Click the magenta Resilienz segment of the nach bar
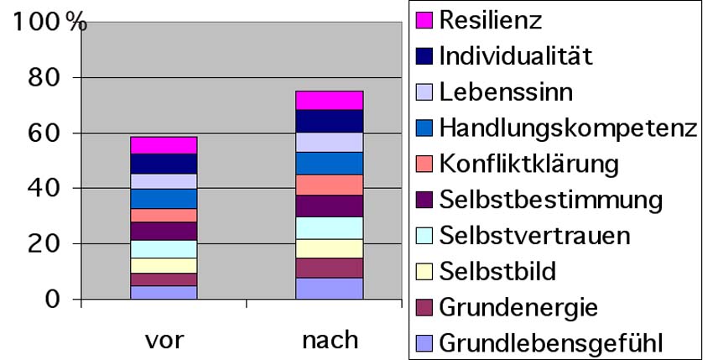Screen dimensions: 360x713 point(329,100)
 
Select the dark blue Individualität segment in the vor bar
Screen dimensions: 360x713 point(163,164)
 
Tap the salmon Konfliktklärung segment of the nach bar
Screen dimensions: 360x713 point(329,185)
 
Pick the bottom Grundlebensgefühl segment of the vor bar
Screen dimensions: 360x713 point(163,292)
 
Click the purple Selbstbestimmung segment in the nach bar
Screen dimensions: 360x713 point(329,206)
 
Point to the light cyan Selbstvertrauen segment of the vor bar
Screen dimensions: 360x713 point(163,249)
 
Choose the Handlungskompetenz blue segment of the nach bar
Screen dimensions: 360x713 point(329,163)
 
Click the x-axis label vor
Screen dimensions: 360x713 point(163,341)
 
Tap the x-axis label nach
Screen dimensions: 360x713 point(330,341)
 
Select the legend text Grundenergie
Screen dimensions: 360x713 point(518,307)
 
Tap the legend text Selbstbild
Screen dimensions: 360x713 point(497,271)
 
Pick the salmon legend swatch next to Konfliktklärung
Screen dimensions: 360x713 point(424,164)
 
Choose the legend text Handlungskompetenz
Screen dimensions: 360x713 point(568,128)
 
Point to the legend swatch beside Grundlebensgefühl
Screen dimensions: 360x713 point(424,342)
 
